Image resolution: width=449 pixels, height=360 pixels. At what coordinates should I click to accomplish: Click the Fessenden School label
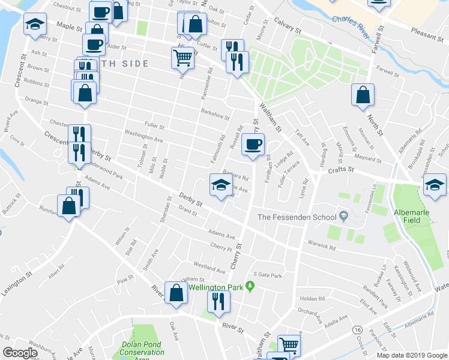click(297, 217)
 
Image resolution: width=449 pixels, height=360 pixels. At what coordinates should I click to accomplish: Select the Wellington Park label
click(215, 287)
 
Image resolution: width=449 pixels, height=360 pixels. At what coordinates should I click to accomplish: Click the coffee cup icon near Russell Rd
click(253, 144)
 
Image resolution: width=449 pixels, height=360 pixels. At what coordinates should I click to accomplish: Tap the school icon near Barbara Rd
click(219, 184)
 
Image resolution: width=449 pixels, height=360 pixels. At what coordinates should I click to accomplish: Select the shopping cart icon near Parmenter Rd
click(182, 58)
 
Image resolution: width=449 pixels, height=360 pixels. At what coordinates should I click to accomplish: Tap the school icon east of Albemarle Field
click(435, 184)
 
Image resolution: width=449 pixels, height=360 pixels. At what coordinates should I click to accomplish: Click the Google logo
click(20, 353)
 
